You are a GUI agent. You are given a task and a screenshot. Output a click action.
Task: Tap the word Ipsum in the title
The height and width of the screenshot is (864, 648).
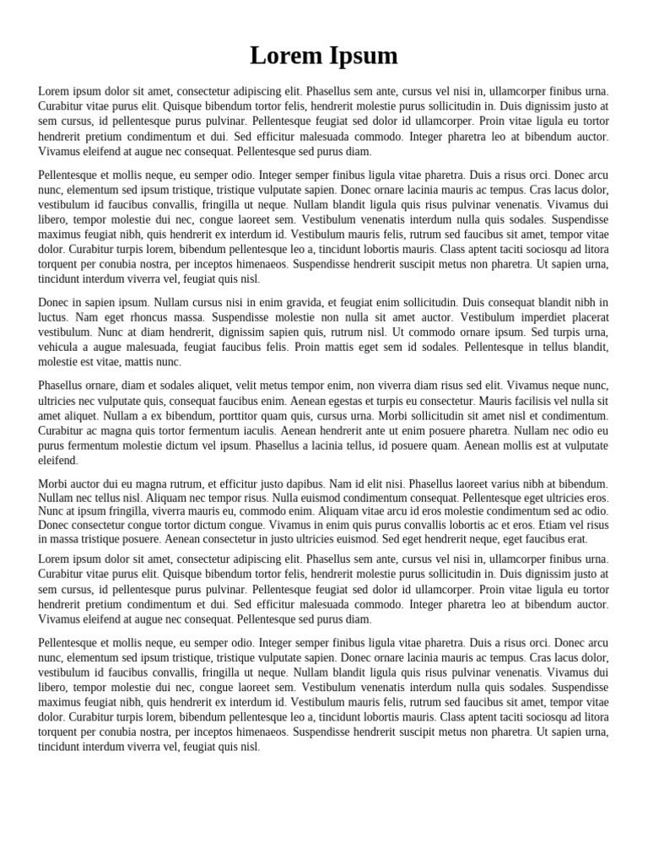click(x=361, y=56)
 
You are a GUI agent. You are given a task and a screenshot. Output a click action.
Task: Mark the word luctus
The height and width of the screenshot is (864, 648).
click(x=54, y=317)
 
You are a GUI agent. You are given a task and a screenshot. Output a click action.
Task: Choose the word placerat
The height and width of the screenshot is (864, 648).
click(x=588, y=317)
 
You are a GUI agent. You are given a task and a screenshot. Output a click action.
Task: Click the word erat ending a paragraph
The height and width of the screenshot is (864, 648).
click(x=577, y=539)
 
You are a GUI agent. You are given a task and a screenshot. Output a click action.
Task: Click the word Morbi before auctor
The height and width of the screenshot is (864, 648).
click(x=53, y=484)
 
